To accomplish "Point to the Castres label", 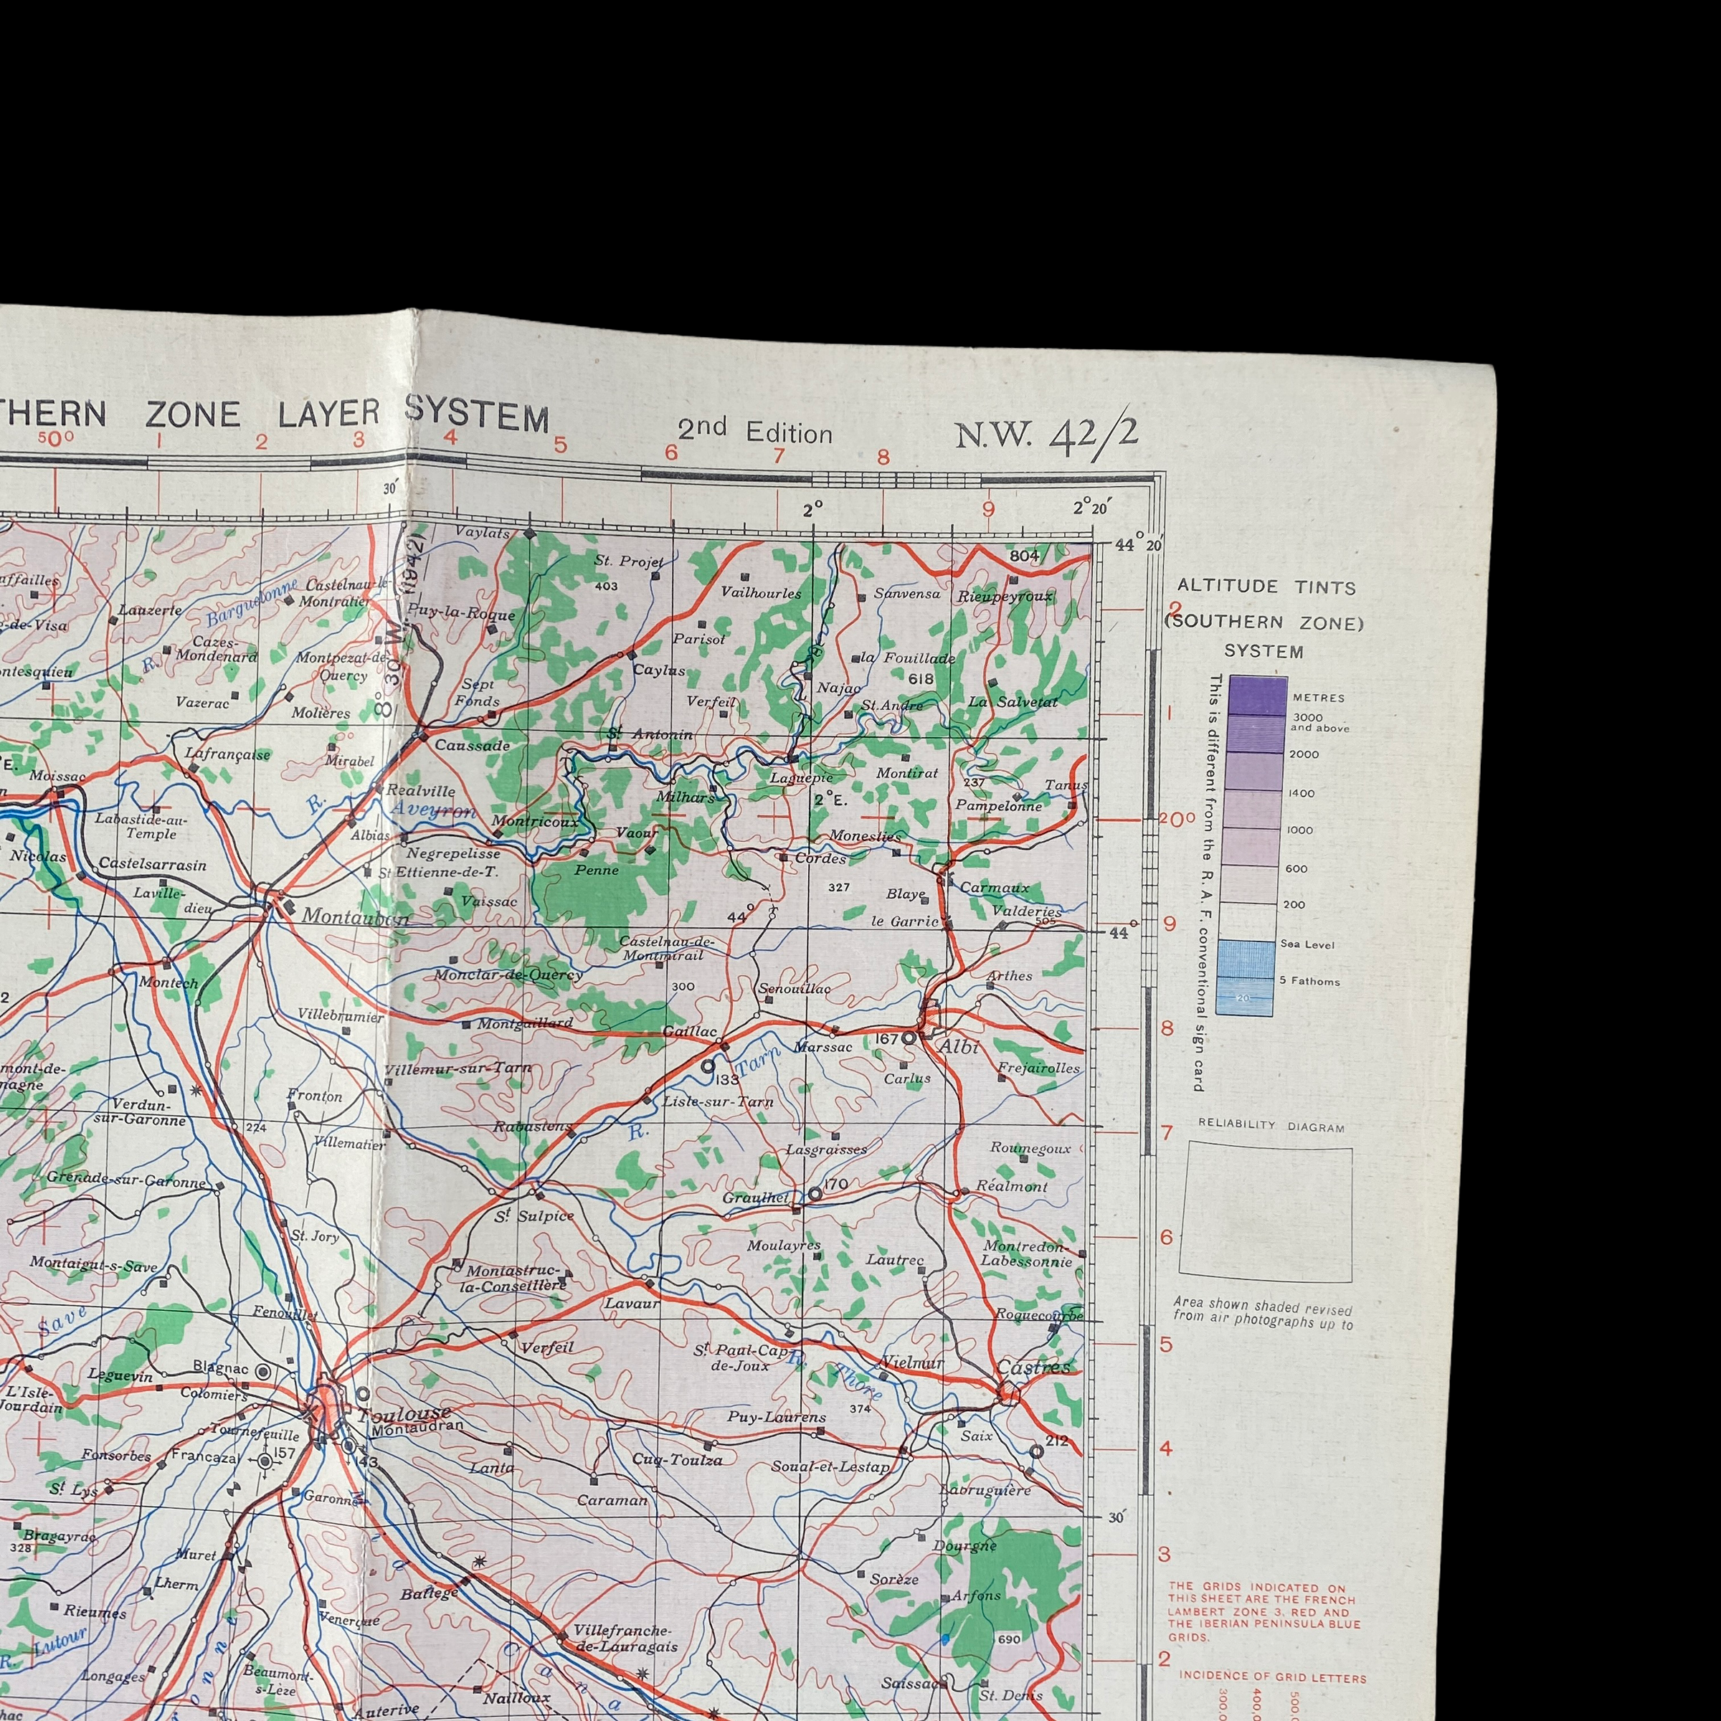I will click(x=1033, y=1367).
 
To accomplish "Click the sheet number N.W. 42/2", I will click(x=1047, y=435).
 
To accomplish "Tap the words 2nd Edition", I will click(x=754, y=431).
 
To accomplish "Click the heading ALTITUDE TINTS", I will click(x=1266, y=587).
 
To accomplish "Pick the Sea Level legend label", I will click(x=1307, y=944).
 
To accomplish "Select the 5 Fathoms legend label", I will click(x=1309, y=982).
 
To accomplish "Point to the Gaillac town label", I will click(x=691, y=1032).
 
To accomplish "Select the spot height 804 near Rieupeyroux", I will click(x=1025, y=556).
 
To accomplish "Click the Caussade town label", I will click(x=472, y=746).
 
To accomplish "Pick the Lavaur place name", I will click(x=632, y=1302).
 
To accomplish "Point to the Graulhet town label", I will click(x=755, y=1198).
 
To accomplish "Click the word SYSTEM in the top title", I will click(x=478, y=415).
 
